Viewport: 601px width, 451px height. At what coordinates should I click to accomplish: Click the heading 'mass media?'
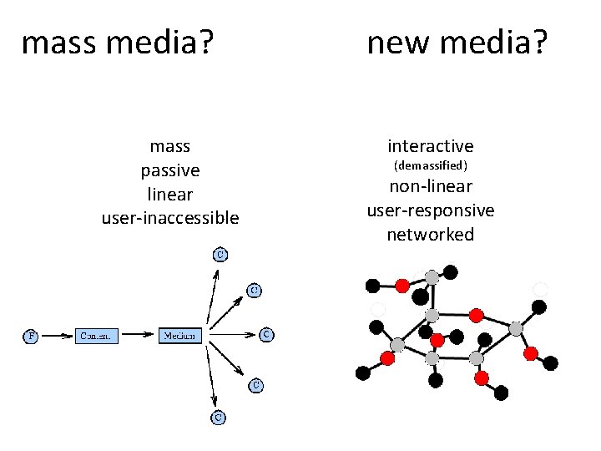click(x=115, y=42)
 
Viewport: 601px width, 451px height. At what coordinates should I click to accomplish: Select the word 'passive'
click(x=170, y=170)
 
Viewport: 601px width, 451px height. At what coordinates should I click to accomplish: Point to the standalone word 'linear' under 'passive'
click(x=170, y=195)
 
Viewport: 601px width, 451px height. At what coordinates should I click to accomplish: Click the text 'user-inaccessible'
click(x=170, y=218)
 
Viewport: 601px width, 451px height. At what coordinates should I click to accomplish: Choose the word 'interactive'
click(x=430, y=146)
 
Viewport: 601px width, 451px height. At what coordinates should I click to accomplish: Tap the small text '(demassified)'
click(x=430, y=166)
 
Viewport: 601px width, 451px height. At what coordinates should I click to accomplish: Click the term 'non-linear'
click(x=430, y=186)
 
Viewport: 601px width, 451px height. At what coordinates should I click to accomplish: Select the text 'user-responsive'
click(x=430, y=210)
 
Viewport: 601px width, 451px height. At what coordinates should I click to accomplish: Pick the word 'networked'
click(x=430, y=235)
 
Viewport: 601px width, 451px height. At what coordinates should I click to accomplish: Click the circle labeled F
click(x=30, y=336)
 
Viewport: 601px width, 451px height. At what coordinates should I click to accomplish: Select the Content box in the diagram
click(x=97, y=336)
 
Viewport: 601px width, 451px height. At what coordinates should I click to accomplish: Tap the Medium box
click(x=180, y=336)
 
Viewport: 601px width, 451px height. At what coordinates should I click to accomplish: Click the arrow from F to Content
click(x=56, y=336)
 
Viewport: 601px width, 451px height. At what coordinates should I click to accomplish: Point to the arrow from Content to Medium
click(x=139, y=336)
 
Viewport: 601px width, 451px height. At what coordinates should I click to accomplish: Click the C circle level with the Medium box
click(x=266, y=335)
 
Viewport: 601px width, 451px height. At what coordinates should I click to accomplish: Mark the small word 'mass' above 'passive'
click(x=170, y=146)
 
